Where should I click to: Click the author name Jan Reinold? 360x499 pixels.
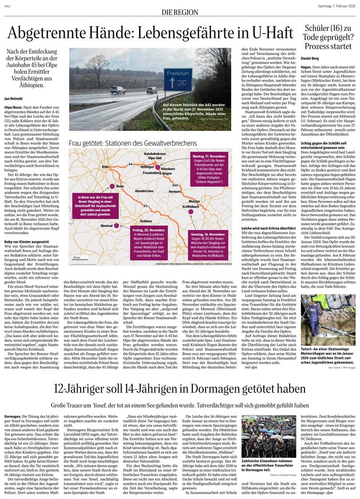(13, 82)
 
